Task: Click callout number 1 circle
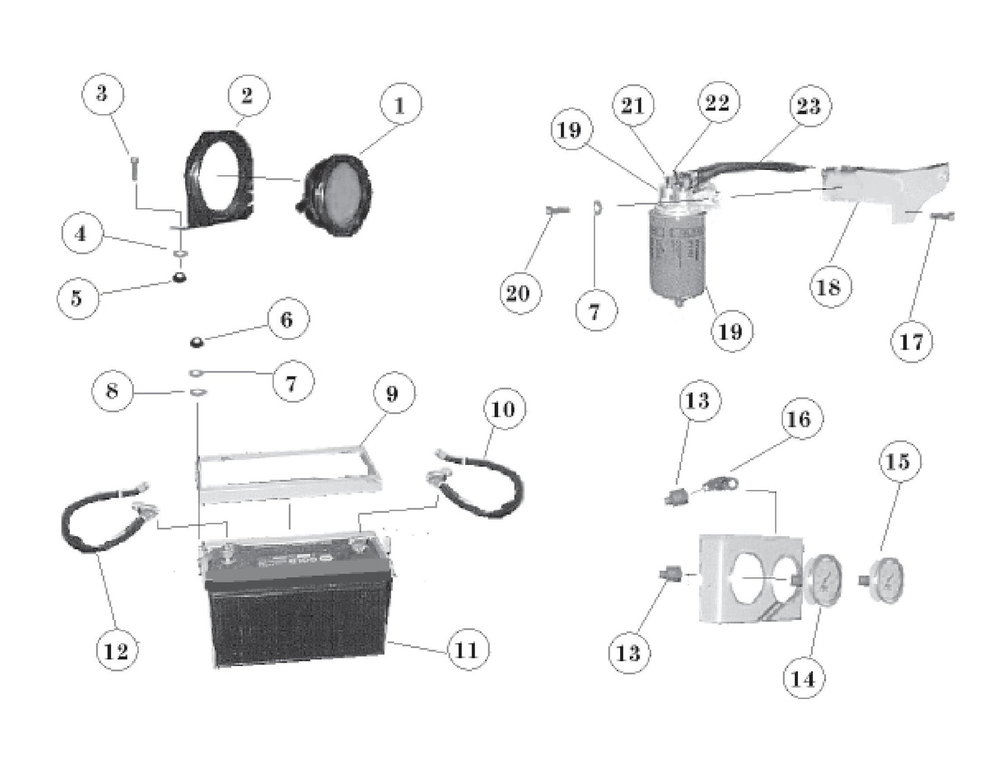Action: [x=400, y=105]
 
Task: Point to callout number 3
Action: [x=102, y=93]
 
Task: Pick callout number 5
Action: [x=77, y=298]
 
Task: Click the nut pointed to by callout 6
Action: [x=197, y=342]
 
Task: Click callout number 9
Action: [x=392, y=393]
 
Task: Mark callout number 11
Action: [x=468, y=649]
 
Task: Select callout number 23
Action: [x=809, y=106]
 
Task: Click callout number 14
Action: [x=803, y=679]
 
